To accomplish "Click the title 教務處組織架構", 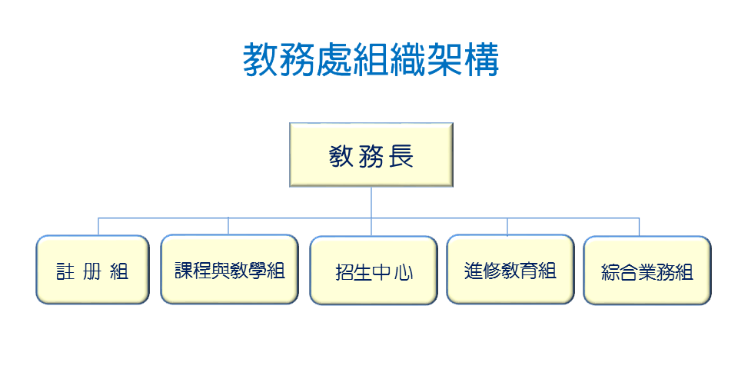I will click(x=371, y=60).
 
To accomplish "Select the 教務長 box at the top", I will click(x=371, y=155).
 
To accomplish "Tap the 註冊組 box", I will click(x=92, y=270).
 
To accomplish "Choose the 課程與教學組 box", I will click(x=229, y=270).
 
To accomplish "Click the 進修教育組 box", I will click(x=510, y=270).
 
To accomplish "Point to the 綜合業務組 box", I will click(x=647, y=271).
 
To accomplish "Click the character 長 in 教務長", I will click(x=400, y=157).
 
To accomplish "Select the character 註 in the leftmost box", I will click(x=67, y=271).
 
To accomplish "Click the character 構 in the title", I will click(x=481, y=60).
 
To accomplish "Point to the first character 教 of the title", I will click(x=261, y=60).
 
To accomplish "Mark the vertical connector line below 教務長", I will click(x=371, y=201).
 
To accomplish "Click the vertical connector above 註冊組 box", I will click(x=98, y=227).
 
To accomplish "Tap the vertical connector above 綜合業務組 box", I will click(x=640, y=227).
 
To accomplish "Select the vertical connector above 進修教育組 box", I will click(x=507, y=227).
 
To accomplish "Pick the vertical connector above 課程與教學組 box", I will click(x=228, y=227).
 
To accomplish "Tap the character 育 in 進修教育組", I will click(x=528, y=271).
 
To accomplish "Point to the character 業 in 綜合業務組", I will click(x=648, y=272).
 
